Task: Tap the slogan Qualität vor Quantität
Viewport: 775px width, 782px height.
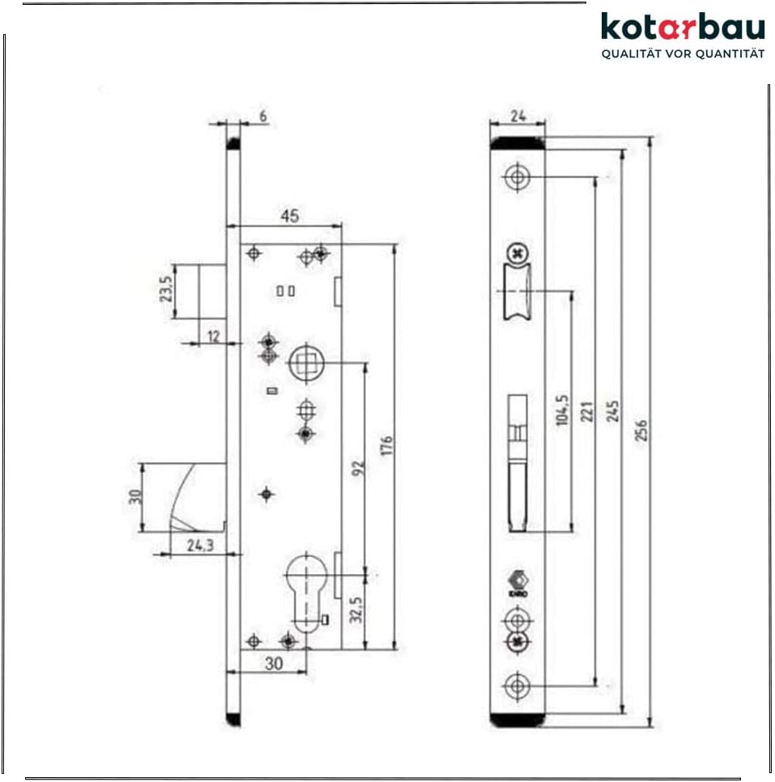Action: coord(682,54)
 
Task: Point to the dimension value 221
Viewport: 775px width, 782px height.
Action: coord(589,413)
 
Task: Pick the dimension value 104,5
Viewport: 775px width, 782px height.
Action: coord(561,409)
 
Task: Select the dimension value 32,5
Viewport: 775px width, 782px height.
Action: coord(357,610)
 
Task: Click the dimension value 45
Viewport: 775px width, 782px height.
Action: coord(289,216)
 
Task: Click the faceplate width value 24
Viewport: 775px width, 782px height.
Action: coord(517,116)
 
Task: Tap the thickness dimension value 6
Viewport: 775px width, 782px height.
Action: coord(263,116)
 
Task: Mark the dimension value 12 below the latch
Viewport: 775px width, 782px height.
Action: coord(212,336)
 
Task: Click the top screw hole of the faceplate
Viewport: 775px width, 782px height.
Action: coord(516,176)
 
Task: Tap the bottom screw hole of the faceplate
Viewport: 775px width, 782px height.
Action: coord(516,686)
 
